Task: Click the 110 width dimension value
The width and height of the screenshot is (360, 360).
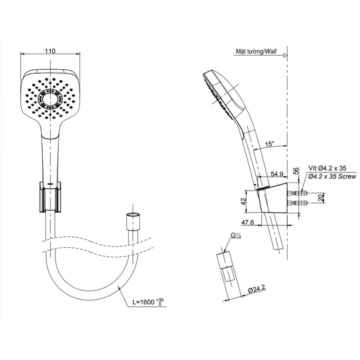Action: tap(50, 51)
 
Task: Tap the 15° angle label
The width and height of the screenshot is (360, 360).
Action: tap(269, 144)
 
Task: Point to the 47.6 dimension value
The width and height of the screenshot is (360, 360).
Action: tap(248, 223)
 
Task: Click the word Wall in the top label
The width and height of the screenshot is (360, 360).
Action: tap(270, 52)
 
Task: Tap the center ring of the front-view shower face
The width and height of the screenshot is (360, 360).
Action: tap(50, 97)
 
